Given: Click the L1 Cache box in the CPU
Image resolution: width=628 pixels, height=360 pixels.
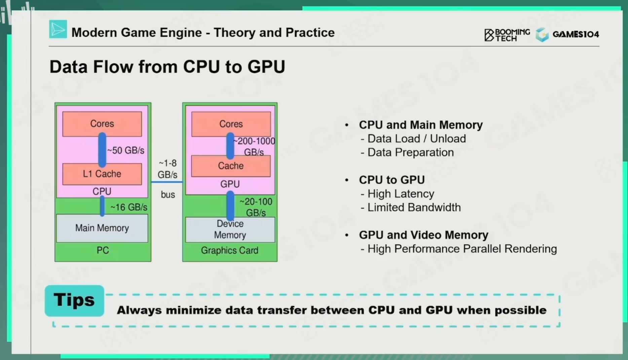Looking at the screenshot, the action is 102,174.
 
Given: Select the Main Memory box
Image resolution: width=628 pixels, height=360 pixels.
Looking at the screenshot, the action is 102,228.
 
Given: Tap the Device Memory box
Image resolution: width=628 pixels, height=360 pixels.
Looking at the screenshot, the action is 230,229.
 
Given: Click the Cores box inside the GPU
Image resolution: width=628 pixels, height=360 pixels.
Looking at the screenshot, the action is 231,124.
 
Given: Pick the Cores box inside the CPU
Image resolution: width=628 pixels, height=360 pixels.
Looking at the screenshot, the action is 102,124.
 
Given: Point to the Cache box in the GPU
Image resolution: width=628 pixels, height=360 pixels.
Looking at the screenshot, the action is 231,166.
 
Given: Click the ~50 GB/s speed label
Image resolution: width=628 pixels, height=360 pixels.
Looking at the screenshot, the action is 126,150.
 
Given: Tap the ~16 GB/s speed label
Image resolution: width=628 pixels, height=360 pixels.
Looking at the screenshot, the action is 129,207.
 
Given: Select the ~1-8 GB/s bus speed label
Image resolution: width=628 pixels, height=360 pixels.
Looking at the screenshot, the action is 168,169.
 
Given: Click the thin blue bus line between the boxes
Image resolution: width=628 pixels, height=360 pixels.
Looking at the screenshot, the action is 167,182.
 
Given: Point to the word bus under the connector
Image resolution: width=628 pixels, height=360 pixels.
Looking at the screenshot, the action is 168,194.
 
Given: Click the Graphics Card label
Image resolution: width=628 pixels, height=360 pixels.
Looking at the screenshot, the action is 230,250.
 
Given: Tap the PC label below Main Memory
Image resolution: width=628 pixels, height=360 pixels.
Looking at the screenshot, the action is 103,250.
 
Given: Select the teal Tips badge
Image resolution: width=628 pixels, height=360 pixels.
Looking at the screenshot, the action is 74,300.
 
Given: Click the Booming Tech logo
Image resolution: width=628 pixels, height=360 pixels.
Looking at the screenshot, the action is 507,35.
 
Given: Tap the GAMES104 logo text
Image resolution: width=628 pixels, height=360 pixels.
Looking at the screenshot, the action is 576,34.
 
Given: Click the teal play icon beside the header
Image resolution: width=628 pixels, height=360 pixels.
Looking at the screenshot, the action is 58,29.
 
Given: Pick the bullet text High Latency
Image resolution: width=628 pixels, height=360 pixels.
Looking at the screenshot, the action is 401,194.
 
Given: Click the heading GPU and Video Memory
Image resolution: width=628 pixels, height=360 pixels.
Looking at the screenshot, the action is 423,235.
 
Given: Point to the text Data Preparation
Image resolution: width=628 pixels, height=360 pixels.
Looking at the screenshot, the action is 411,152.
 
